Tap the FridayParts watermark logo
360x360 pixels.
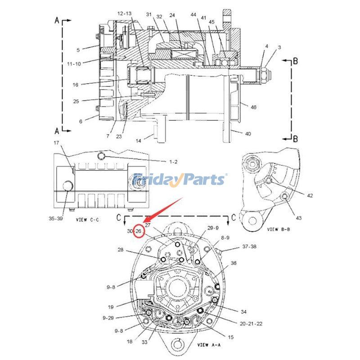pyautogui.click(x=180, y=180)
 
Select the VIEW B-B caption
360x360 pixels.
pyautogui.click(x=279, y=229)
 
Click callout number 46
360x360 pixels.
pyautogui.click(x=254, y=107)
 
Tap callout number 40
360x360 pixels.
pyautogui.click(x=247, y=134)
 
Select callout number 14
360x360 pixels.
pyautogui.click(x=139, y=141)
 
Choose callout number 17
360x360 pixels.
pyautogui.click(x=57, y=143)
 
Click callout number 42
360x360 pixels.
pyautogui.click(x=310, y=196)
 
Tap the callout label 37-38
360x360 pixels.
pyautogui.click(x=250, y=247)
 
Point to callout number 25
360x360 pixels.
pyautogui.click(x=76, y=101)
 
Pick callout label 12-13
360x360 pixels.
pyautogui.click(x=125, y=14)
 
